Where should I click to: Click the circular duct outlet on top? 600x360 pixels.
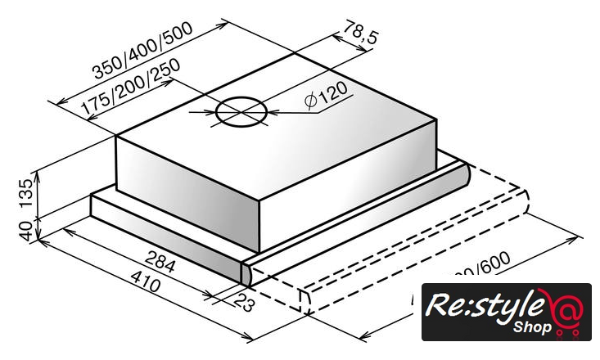[242, 111]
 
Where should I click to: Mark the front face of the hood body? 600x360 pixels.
[188, 192]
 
